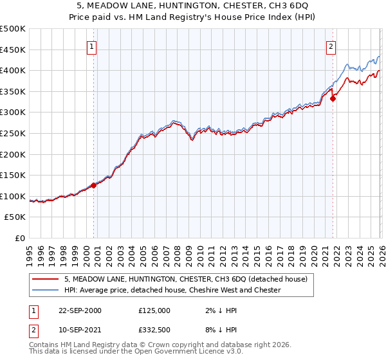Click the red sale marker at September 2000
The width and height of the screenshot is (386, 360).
pos(94,185)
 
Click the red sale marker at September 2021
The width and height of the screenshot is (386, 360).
pos(333,98)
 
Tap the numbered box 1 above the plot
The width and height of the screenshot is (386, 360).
pos(92,46)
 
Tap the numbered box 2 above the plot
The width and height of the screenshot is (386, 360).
pos(331,46)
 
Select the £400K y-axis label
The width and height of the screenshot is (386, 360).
pos(14,71)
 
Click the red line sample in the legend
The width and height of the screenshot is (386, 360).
pos(46,279)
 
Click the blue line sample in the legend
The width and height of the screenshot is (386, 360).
pos(46,290)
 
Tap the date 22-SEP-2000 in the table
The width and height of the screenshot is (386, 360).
pos(80,310)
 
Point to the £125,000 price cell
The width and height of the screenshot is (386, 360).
pos(154,310)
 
